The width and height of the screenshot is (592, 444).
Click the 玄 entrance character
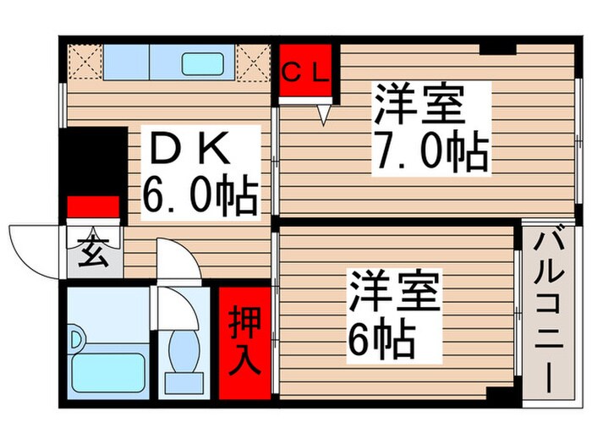tap(94, 252)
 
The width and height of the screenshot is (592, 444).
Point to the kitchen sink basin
tap(206, 63)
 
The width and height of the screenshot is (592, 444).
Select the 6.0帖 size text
tap(200, 198)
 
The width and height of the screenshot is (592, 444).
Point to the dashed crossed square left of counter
tap(83, 62)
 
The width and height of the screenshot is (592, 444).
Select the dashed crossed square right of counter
tap(251, 62)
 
